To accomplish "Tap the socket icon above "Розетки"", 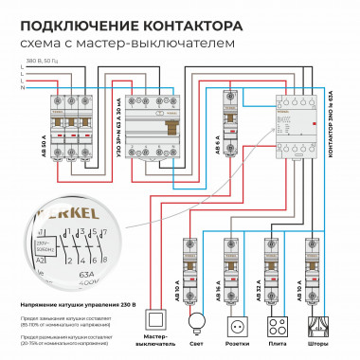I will click(x=237, y=321).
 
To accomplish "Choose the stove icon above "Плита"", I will click(x=275, y=321).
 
